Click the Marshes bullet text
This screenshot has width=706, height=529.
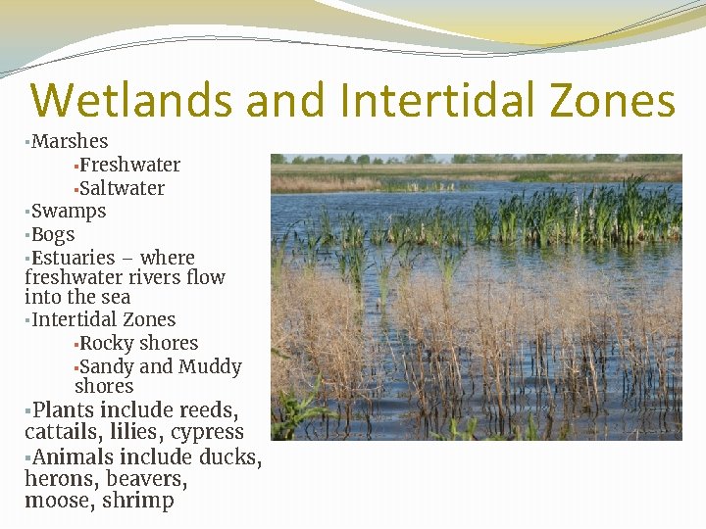(x=70, y=141)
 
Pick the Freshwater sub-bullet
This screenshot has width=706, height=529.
(x=129, y=165)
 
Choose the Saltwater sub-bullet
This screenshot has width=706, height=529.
(x=122, y=188)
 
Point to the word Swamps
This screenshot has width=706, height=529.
(x=69, y=211)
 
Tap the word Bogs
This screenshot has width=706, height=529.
(x=53, y=234)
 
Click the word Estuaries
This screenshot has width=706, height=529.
(x=74, y=258)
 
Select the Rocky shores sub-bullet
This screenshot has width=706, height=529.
(x=138, y=343)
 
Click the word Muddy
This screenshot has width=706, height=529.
(x=210, y=366)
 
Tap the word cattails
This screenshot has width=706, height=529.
(x=65, y=432)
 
